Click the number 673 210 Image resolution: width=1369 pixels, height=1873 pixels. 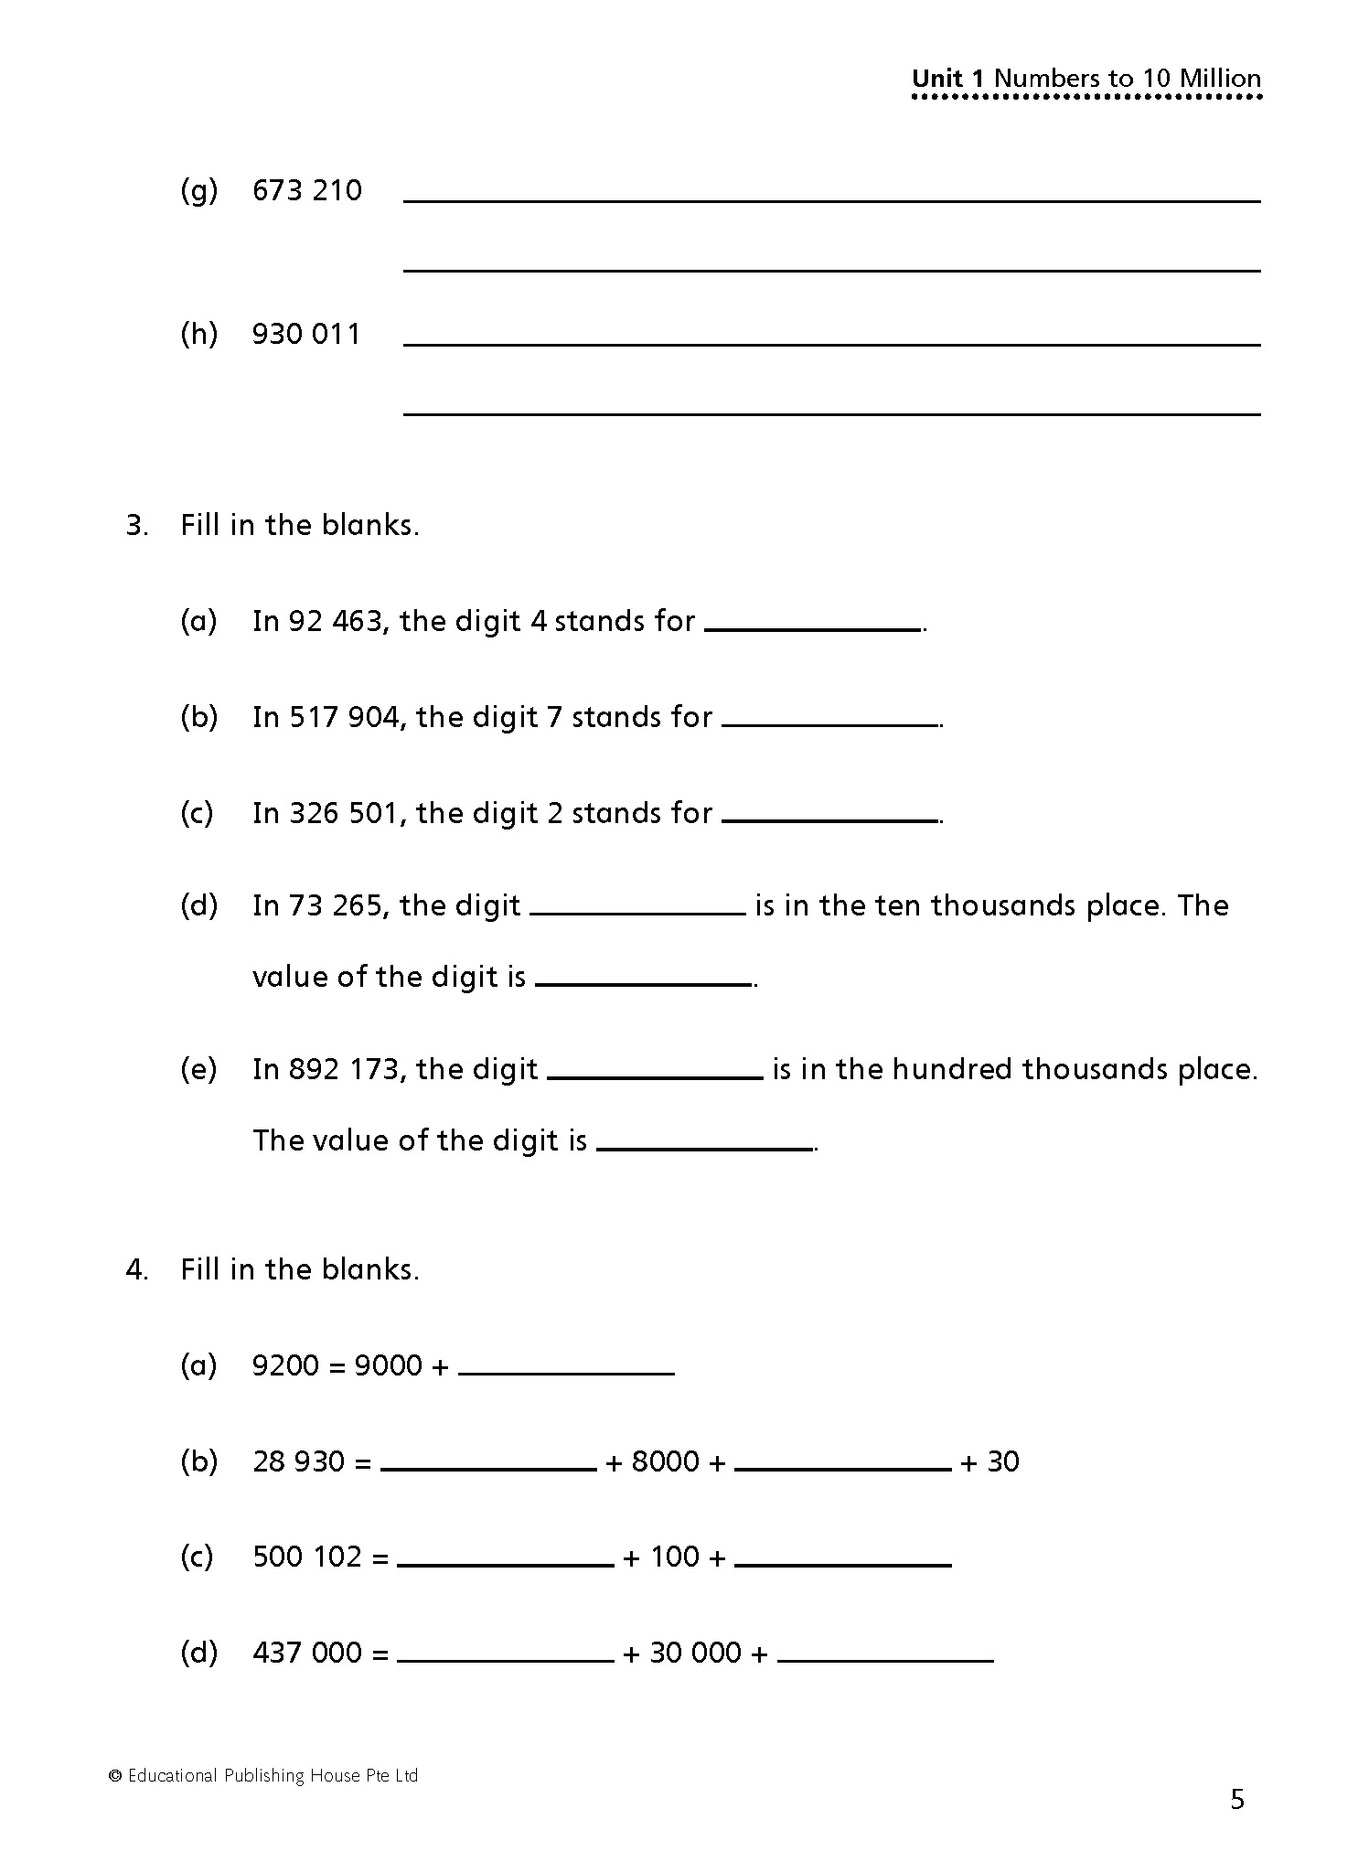(307, 190)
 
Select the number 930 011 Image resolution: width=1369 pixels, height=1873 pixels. (306, 334)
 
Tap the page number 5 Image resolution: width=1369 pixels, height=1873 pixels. (1237, 1800)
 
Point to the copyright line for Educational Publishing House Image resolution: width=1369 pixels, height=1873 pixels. (263, 1775)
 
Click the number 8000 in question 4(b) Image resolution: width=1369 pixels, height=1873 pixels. (665, 1461)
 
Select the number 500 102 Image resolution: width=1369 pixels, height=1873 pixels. (307, 1557)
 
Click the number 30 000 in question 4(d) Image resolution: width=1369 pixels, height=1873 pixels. (695, 1653)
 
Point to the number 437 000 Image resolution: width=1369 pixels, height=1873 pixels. (307, 1653)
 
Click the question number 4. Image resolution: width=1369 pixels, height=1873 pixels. (136, 1269)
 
